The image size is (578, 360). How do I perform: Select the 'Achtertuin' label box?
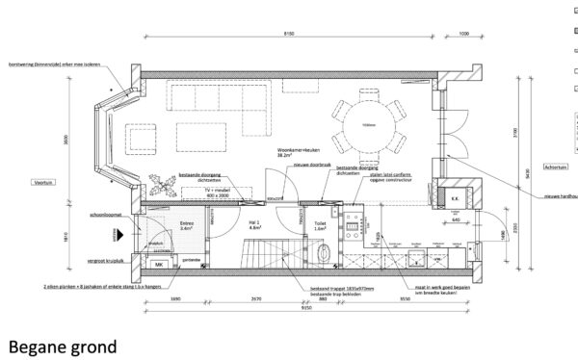(x=556, y=168)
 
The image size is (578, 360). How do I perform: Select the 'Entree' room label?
(x=188, y=224)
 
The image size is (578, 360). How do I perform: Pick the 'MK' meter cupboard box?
(x=157, y=264)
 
